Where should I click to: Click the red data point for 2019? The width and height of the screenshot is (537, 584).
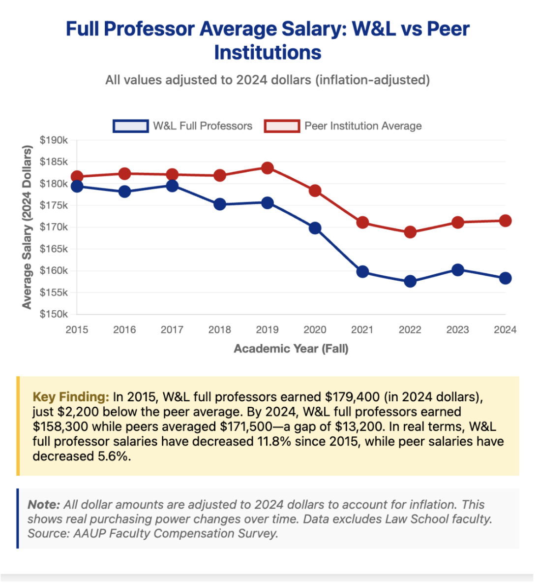pyautogui.click(x=267, y=168)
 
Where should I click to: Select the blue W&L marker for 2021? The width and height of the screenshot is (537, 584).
pyautogui.click(x=362, y=272)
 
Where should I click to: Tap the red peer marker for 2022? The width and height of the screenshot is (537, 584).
pyautogui.click(x=410, y=232)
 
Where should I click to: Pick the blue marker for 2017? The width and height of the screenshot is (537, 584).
pyautogui.click(x=172, y=186)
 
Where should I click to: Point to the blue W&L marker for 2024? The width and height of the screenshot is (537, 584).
pyautogui.click(x=505, y=278)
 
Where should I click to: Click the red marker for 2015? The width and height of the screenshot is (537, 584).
pyautogui.click(x=77, y=177)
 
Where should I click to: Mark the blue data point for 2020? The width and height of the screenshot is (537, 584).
pyautogui.click(x=315, y=228)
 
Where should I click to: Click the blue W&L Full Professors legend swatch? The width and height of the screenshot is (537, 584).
pyautogui.click(x=130, y=126)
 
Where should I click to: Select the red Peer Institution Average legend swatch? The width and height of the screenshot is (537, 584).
pyautogui.click(x=282, y=126)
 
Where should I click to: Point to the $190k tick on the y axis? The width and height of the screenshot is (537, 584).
pyautogui.click(x=54, y=140)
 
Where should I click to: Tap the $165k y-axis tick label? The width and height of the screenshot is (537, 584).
pyautogui.click(x=54, y=249)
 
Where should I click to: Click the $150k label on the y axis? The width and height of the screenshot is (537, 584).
pyautogui.click(x=54, y=314)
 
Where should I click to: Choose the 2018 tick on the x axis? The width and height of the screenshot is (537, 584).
pyautogui.click(x=220, y=330)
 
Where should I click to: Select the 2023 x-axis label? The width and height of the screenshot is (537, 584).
pyautogui.click(x=457, y=330)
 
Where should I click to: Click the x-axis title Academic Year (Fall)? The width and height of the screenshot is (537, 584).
pyautogui.click(x=291, y=349)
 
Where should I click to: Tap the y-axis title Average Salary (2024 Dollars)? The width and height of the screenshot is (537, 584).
pyautogui.click(x=27, y=227)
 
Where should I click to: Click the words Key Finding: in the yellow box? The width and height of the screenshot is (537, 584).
pyautogui.click(x=71, y=397)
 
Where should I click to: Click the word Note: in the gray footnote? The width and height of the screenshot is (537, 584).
pyautogui.click(x=44, y=505)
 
